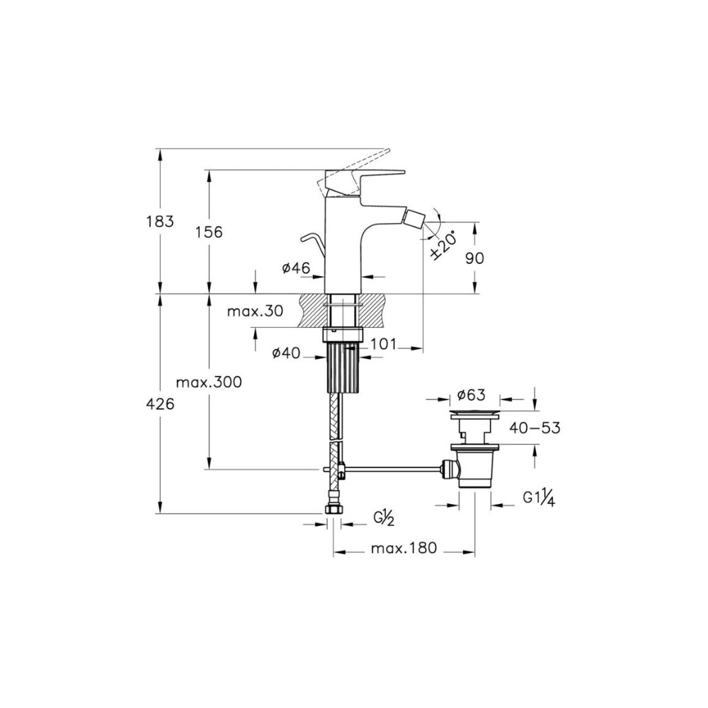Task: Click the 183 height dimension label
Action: (160, 222)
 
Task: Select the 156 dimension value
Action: (209, 232)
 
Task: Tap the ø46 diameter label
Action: (296, 268)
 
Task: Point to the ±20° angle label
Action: (443, 244)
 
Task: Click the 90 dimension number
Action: (474, 258)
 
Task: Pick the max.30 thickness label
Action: (255, 311)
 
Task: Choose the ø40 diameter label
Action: (286, 353)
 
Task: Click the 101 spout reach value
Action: (383, 344)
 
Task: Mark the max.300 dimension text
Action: (209, 382)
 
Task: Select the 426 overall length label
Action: (160, 404)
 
